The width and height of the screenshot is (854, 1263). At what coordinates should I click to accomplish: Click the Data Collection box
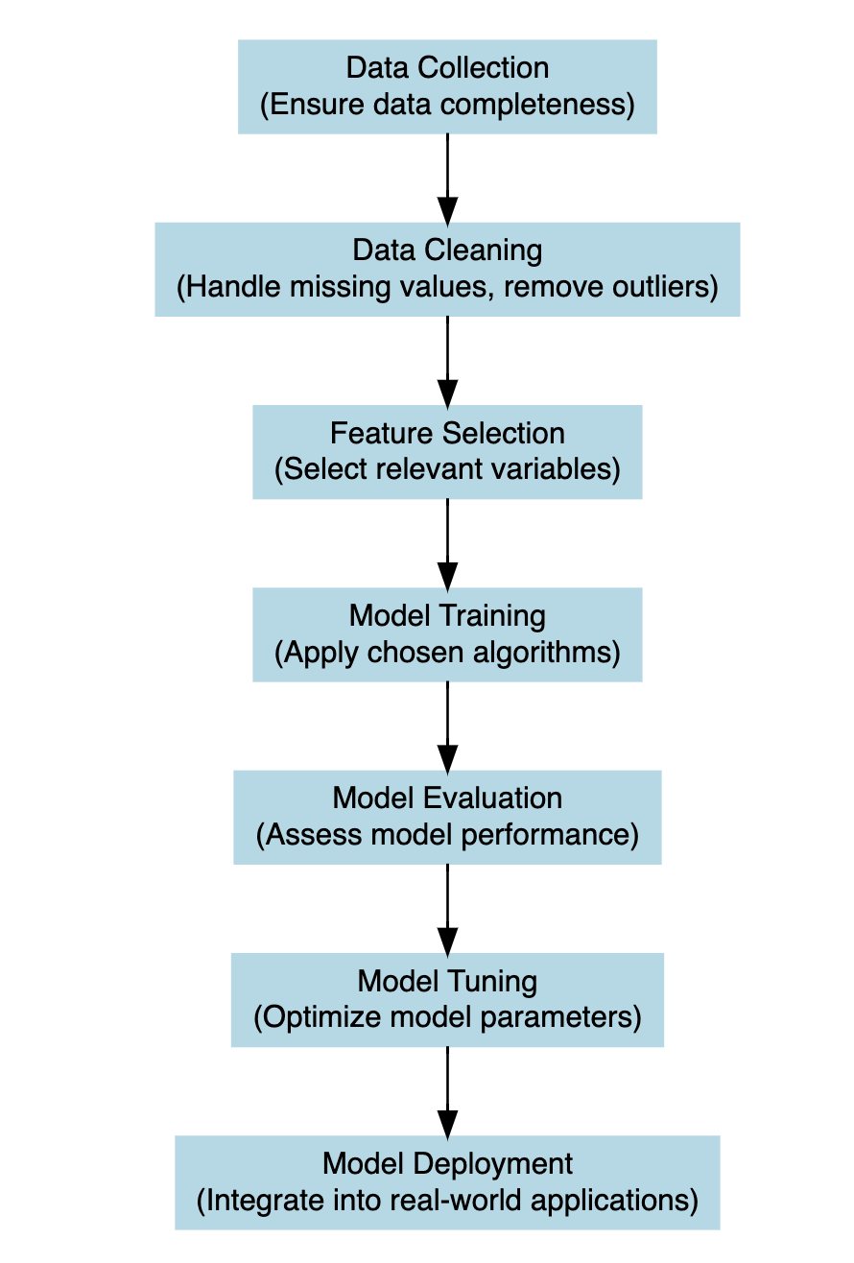(447, 86)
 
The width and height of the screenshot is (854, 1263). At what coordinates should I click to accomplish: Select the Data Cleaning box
(447, 270)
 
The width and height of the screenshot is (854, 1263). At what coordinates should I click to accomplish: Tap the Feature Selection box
(447, 452)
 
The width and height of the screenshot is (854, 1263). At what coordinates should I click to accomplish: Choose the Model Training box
(447, 634)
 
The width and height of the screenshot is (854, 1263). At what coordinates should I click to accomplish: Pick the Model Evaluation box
(447, 817)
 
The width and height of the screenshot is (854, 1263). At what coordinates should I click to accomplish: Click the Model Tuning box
(447, 999)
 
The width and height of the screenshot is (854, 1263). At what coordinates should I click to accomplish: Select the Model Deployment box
(447, 1182)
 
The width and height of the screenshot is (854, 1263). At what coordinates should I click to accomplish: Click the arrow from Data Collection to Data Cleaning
(447, 179)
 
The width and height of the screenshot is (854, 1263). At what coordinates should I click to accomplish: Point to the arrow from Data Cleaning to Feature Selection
(447, 361)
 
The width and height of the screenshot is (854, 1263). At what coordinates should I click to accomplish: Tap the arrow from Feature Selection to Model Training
(447, 543)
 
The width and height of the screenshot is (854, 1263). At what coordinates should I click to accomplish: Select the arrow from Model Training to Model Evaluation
(447, 726)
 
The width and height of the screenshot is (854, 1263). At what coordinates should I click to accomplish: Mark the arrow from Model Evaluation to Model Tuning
(447, 908)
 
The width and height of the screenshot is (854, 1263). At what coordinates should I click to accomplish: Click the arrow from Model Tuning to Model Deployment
(447, 1091)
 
